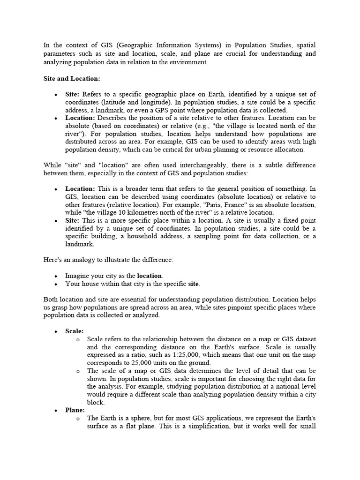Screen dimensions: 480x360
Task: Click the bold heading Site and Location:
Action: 72,78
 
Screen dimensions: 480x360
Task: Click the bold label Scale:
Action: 75,331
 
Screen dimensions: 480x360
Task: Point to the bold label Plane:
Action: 75,410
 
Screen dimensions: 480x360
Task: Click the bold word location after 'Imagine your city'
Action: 150,276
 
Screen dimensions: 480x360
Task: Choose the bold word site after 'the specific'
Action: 194,284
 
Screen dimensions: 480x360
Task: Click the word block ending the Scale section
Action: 96,402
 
